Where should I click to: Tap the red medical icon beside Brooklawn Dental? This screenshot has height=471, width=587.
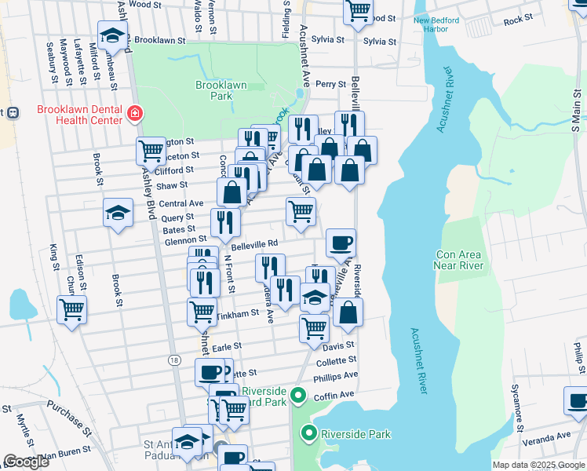tap(135, 115)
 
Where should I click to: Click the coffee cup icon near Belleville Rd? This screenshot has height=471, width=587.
tap(341, 243)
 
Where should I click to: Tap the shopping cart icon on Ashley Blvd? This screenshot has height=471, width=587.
tap(151, 150)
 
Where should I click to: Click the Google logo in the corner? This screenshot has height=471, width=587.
tap(26, 462)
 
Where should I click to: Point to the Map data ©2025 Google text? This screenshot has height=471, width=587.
tap(538, 465)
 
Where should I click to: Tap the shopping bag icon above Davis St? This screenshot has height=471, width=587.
tap(348, 312)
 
